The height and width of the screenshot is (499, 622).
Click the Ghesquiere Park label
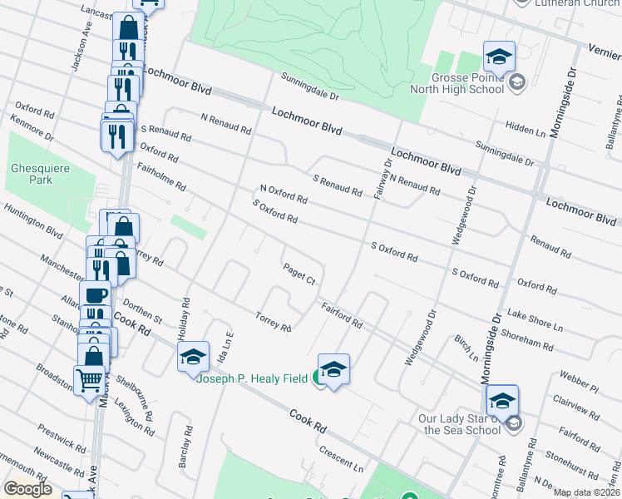(x=31, y=173)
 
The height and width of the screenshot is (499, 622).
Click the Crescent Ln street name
(x=342, y=457)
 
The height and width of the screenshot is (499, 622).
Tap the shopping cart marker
(x=89, y=381)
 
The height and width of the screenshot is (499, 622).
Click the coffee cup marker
(x=94, y=294)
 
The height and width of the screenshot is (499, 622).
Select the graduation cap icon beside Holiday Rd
(x=193, y=357)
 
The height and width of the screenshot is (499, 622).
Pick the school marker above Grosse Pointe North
(x=499, y=57)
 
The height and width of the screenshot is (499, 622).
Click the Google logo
(x=27, y=489)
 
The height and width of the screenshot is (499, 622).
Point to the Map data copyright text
(x=586, y=492)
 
